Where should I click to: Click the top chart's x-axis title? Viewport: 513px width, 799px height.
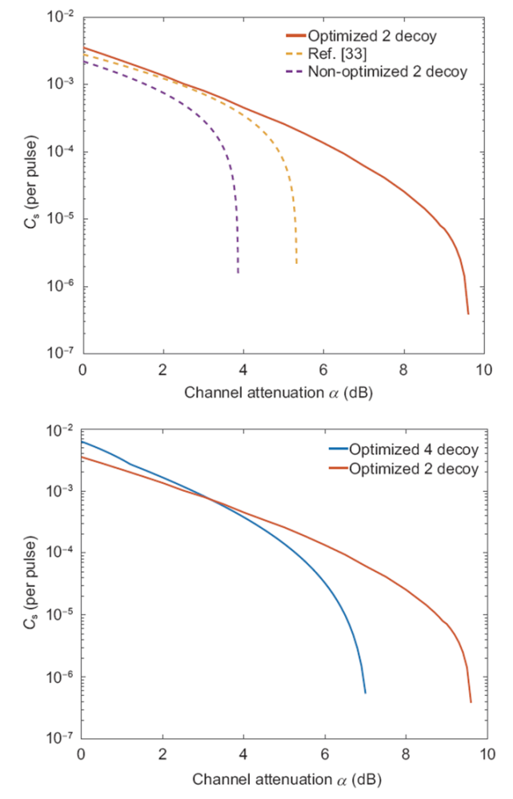tap(279, 393)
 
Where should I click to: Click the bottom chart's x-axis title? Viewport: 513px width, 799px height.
tap(279, 776)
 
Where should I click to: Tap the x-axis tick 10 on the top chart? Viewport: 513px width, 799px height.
tap(483, 370)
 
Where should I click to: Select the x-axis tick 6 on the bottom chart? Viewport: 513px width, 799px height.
tap(325, 753)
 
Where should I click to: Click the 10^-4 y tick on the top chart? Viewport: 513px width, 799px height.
tap(62, 152)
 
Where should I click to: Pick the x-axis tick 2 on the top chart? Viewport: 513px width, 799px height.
tap(163, 370)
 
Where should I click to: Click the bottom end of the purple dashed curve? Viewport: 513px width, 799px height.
tap(238, 274)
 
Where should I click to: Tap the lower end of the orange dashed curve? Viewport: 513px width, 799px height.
tap(296, 264)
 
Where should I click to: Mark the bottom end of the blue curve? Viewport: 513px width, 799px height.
tap(365, 693)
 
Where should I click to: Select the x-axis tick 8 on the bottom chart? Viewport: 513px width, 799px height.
tap(406, 753)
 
